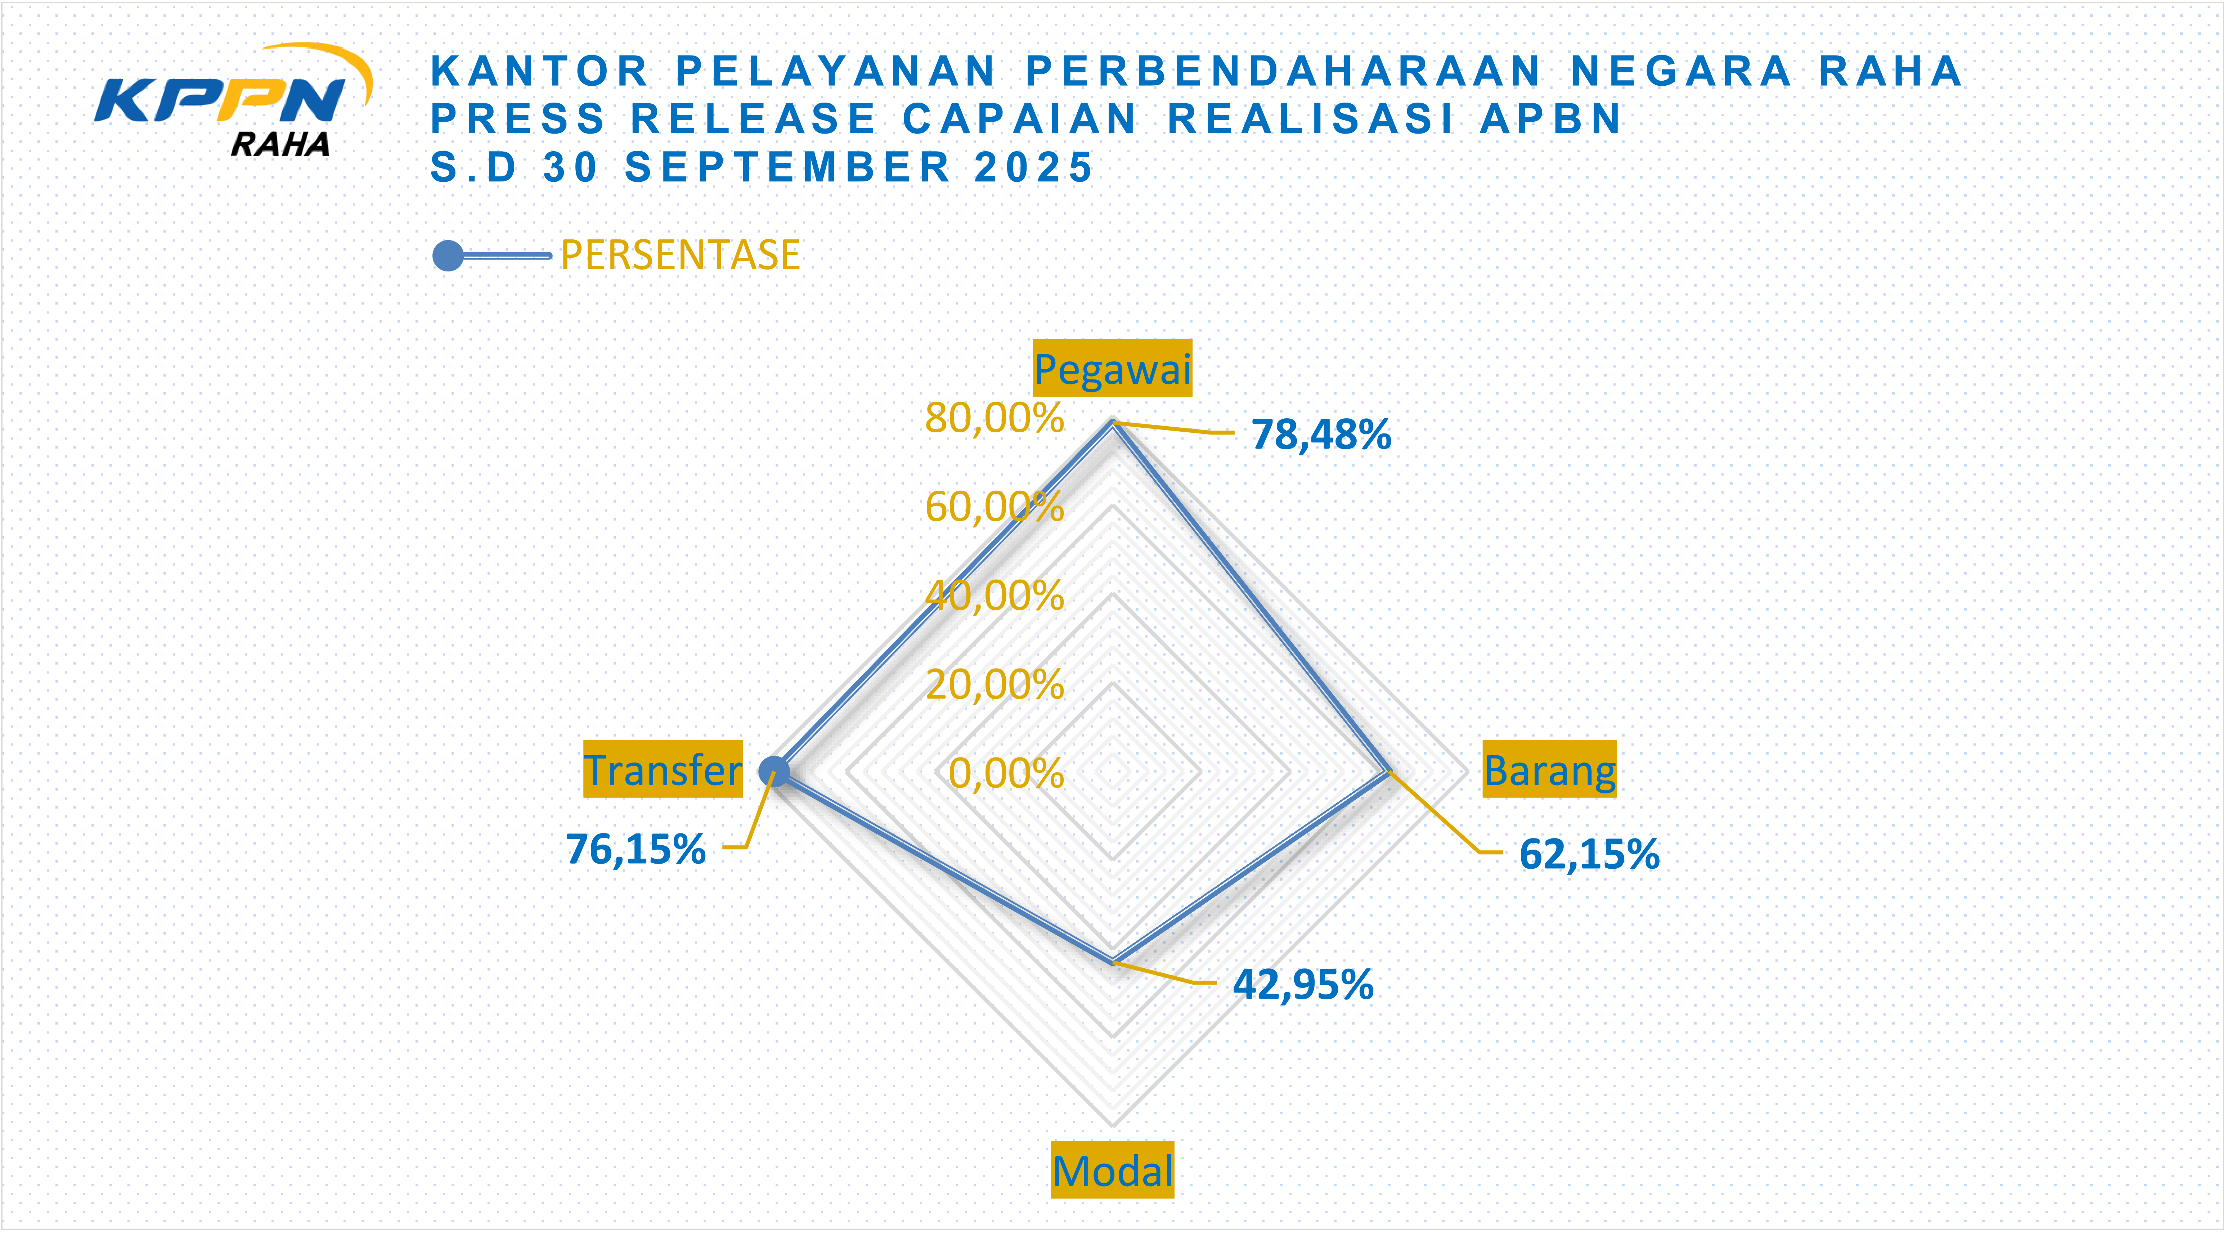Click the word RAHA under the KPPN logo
280,144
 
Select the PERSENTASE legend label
679,255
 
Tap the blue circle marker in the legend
448,256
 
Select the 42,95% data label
1303,984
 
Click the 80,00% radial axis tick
994,418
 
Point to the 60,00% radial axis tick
994,507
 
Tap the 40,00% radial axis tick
994,596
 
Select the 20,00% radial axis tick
994,685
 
